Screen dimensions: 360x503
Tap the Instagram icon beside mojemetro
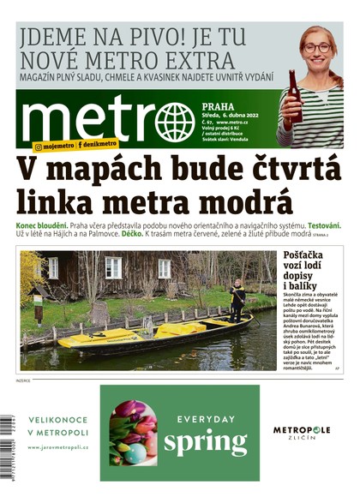(x=38, y=147)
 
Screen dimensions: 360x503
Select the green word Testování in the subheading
(x=320, y=225)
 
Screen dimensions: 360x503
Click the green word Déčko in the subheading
(x=131, y=234)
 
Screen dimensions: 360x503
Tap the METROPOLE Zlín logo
(x=302, y=432)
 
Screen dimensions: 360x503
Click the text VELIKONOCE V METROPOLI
(x=58, y=426)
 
